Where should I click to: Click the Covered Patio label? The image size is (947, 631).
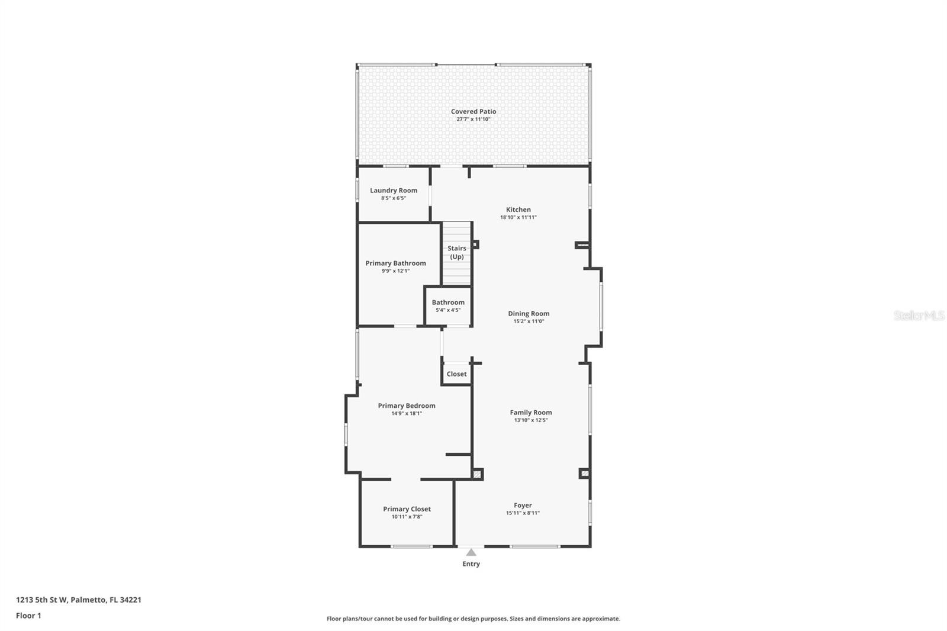pyautogui.click(x=473, y=112)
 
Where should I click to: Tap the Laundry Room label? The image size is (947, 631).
pyautogui.click(x=394, y=191)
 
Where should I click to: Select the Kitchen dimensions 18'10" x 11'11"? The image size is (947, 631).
pyautogui.click(x=518, y=217)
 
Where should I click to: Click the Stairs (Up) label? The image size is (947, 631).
pyautogui.click(x=457, y=253)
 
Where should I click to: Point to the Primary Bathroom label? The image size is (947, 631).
pyautogui.click(x=396, y=263)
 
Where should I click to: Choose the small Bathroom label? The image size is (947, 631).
pyautogui.click(x=448, y=302)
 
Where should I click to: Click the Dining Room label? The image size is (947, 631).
pyautogui.click(x=529, y=314)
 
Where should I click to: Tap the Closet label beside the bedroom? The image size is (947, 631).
pyautogui.click(x=456, y=374)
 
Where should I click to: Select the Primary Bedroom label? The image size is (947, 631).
pyautogui.click(x=407, y=406)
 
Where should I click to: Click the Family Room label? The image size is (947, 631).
pyautogui.click(x=531, y=413)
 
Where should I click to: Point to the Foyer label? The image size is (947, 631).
pyautogui.click(x=523, y=506)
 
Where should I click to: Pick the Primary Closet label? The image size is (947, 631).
pyautogui.click(x=407, y=509)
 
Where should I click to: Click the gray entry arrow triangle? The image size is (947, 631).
pyautogui.click(x=471, y=552)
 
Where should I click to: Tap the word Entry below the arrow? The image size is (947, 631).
pyautogui.click(x=471, y=564)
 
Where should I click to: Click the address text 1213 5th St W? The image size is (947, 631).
pyautogui.click(x=41, y=600)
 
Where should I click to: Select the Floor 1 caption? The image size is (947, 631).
pyautogui.click(x=29, y=616)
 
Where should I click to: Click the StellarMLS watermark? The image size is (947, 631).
pyautogui.click(x=920, y=315)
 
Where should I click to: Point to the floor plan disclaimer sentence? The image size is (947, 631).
pyautogui.click(x=474, y=619)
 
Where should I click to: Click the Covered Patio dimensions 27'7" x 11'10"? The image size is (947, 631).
pyautogui.click(x=473, y=119)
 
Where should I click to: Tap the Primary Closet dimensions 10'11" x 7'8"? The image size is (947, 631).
pyautogui.click(x=407, y=517)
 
